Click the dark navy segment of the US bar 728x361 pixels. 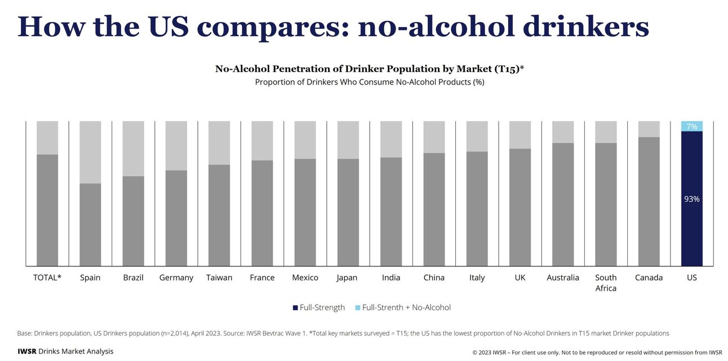click(691, 225)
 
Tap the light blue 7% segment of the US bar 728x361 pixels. click(691, 126)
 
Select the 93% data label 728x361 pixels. click(691, 199)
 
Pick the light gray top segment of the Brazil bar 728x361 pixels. click(133, 148)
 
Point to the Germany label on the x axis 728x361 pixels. click(176, 278)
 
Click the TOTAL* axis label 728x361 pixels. click(47, 278)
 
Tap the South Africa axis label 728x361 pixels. click(606, 283)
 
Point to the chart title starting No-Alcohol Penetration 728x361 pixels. click(369, 69)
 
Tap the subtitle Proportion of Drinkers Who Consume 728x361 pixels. click(369, 82)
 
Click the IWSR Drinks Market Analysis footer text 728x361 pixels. click(65, 351)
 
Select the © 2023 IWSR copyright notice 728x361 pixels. click(597, 353)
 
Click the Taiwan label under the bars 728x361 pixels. click(219, 278)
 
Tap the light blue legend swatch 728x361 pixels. click(357, 307)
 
